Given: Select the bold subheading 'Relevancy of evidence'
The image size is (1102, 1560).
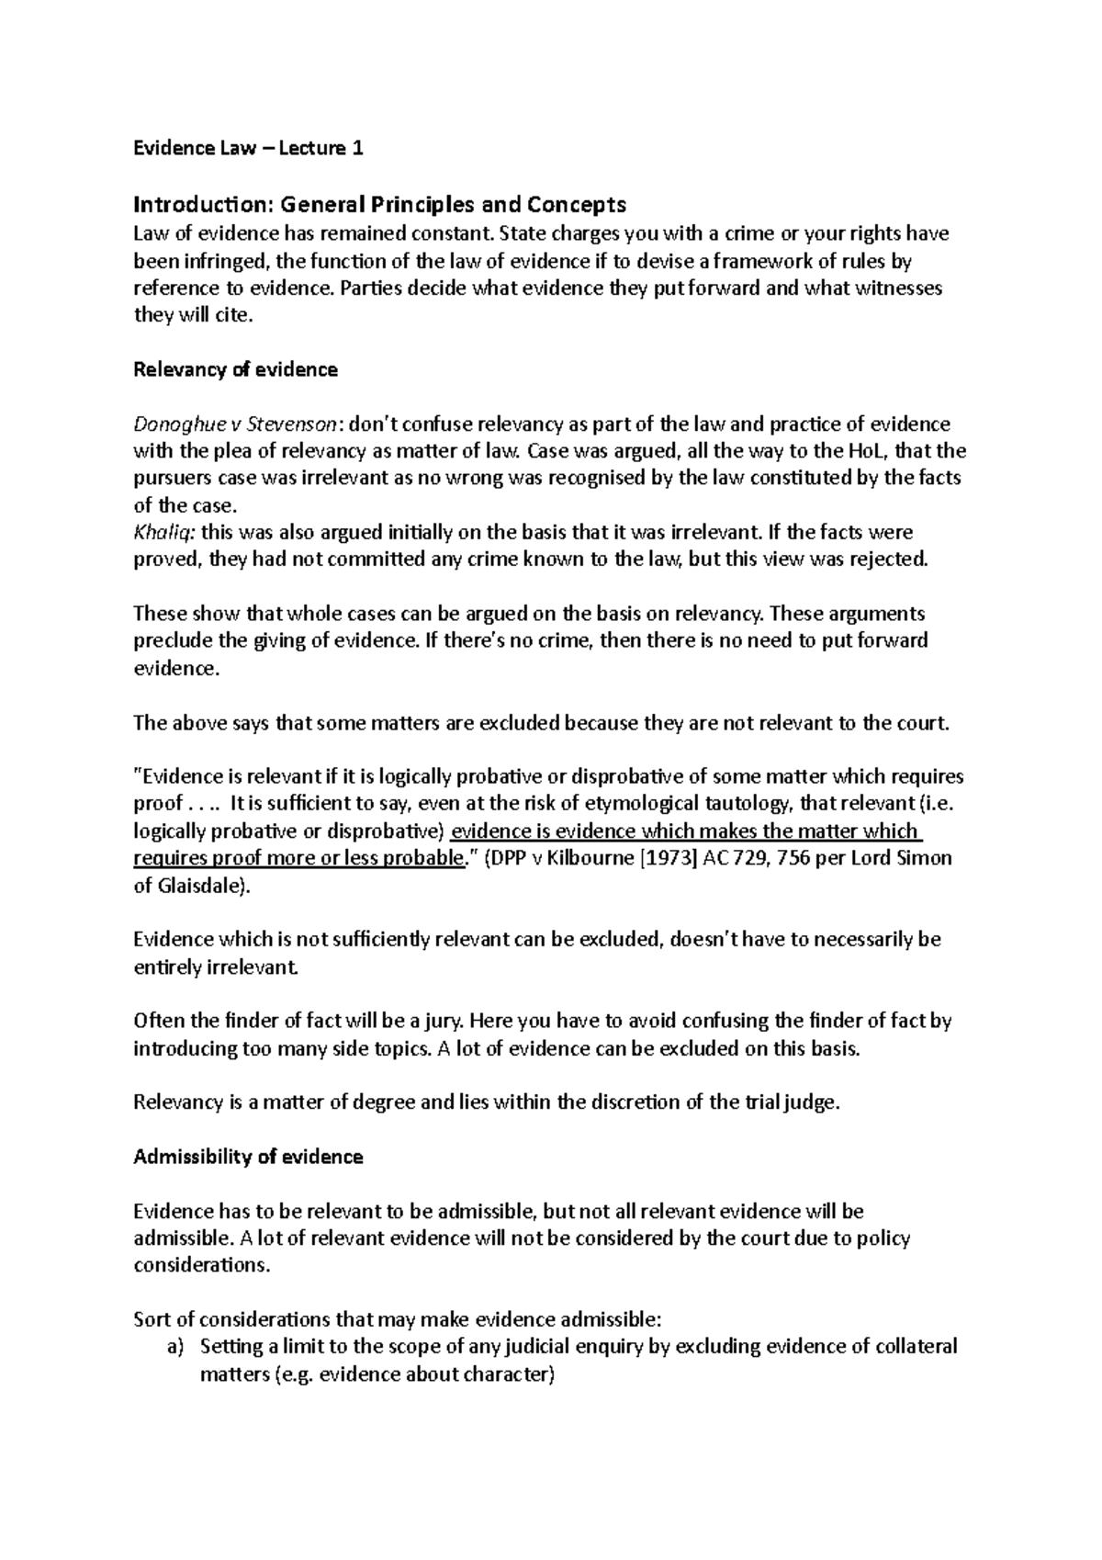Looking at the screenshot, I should tap(236, 369).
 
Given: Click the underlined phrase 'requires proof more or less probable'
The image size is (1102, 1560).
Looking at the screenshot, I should tap(298, 858).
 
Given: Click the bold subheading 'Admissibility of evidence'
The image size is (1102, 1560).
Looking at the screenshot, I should tap(248, 1157).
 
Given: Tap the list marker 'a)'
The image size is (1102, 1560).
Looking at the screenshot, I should tap(174, 1346).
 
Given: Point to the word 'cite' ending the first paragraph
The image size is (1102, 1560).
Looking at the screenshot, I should tap(230, 315).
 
